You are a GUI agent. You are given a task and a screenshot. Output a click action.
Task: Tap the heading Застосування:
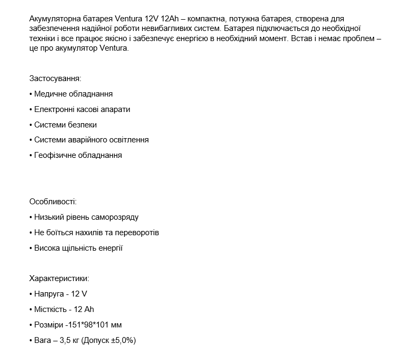(x=55, y=78)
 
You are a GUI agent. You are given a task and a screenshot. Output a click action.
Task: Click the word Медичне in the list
(x=50, y=94)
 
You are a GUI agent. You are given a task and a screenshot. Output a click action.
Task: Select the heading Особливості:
(x=53, y=202)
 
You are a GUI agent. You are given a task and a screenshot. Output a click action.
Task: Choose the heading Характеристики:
(x=59, y=278)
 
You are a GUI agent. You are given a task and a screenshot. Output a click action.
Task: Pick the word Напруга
(x=48, y=294)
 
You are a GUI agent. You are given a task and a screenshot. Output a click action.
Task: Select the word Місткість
(x=51, y=309)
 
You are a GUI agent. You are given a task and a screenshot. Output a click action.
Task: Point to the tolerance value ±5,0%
(x=121, y=340)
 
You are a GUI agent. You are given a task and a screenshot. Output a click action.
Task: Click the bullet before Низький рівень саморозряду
(x=31, y=218)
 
